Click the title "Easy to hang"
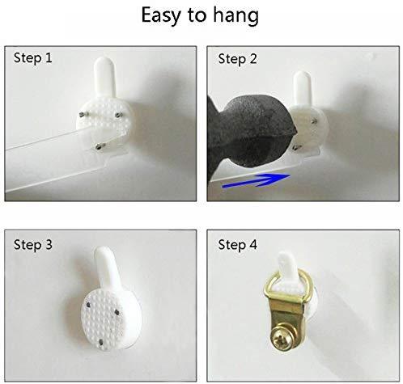(200, 15)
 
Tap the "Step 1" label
(33, 58)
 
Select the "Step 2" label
(237, 59)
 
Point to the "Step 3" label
(33, 245)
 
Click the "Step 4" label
(237, 245)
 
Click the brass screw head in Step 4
(282, 338)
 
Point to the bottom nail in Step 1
(100, 146)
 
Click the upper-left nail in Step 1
(82, 115)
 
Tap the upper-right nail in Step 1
(118, 115)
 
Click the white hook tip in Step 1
(104, 62)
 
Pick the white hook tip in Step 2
(303, 77)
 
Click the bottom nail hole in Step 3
(101, 342)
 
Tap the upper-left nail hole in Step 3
(88, 305)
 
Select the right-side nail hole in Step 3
(117, 313)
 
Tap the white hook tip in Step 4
(285, 258)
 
